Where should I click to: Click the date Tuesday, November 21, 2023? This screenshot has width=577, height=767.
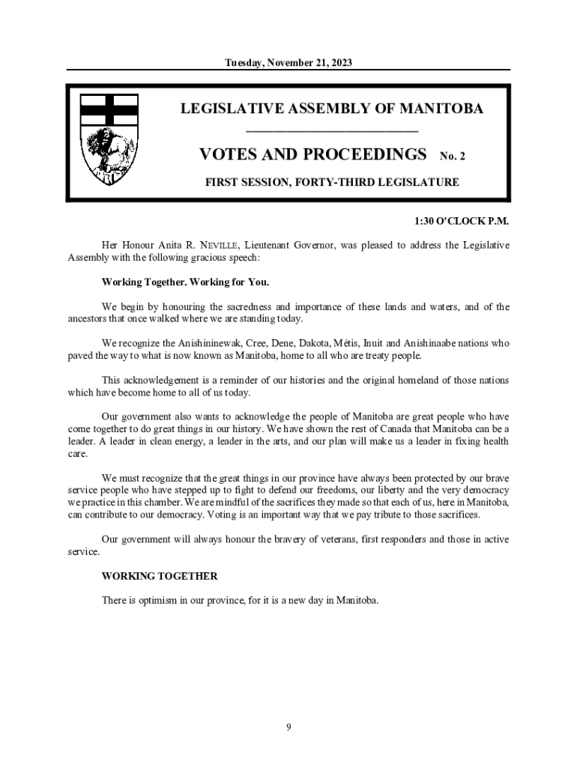pos(288,63)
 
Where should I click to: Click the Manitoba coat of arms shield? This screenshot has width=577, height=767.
pos(109,139)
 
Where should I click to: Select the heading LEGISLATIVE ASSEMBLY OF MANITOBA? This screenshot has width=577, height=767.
pos(332,109)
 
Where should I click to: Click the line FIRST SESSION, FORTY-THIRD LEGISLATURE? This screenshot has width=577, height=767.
pos(332,182)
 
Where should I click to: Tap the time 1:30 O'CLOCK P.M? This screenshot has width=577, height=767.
pos(462,222)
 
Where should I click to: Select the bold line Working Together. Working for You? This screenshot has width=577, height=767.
pos(185,282)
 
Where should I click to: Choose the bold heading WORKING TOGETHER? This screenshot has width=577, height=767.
pos(160,576)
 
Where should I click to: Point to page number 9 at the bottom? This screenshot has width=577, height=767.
pos(288,726)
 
